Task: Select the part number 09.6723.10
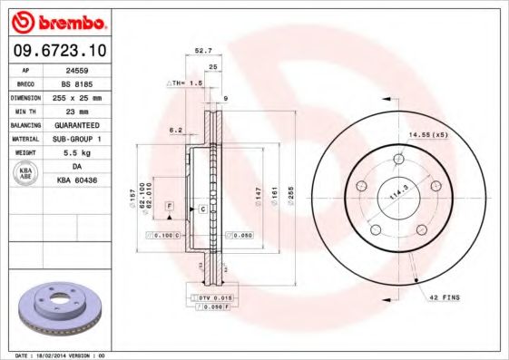click(x=60, y=51)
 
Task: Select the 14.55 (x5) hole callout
click(x=428, y=134)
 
